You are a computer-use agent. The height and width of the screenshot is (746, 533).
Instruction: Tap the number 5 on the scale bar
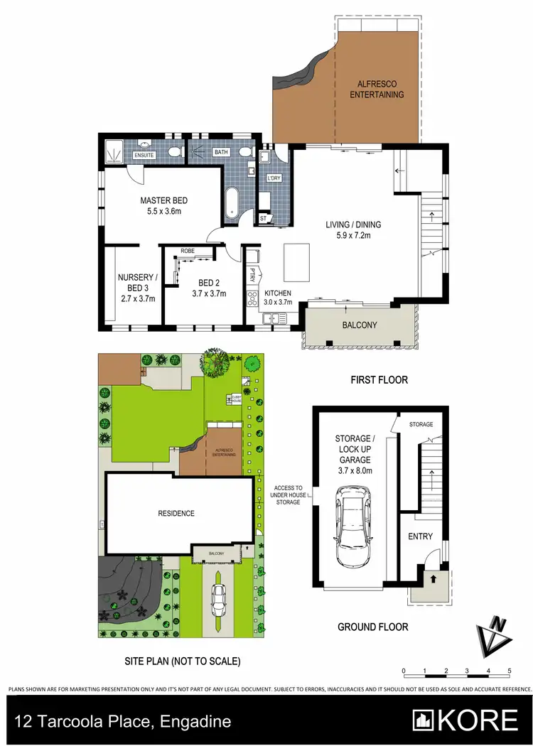click(510, 671)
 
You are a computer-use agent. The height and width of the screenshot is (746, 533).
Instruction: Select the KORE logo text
click(478, 720)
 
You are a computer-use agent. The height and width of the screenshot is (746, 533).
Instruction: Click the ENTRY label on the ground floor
click(419, 536)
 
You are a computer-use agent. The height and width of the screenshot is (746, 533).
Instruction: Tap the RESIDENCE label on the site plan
click(176, 513)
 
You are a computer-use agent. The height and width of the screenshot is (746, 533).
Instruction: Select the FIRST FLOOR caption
click(379, 380)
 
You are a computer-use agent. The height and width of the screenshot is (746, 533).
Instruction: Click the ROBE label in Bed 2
click(188, 252)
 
